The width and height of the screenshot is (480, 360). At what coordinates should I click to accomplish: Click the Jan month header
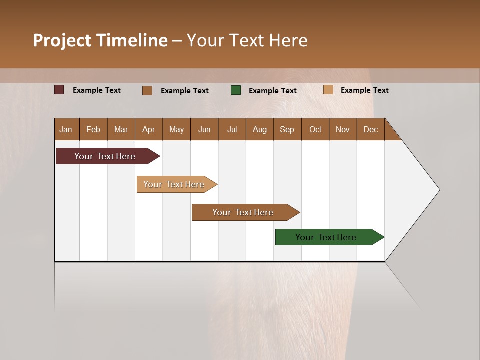click(66, 129)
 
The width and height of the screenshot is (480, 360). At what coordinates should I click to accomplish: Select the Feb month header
click(93, 129)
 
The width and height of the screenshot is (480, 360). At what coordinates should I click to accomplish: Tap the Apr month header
click(148, 129)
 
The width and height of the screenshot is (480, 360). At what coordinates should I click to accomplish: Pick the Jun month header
click(204, 129)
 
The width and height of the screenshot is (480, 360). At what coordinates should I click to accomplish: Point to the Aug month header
click(259, 129)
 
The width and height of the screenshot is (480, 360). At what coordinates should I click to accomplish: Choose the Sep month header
click(287, 129)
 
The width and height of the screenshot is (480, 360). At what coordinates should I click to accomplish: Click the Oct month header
click(315, 129)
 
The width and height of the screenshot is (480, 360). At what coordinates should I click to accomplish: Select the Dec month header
click(370, 129)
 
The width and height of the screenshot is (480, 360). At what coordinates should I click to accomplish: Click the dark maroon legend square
click(59, 90)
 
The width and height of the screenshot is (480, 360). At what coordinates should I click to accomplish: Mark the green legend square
click(236, 90)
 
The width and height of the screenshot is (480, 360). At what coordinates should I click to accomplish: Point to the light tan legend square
click(328, 90)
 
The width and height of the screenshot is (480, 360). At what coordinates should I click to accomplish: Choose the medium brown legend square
click(147, 90)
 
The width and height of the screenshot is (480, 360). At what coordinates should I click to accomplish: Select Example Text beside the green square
click(273, 90)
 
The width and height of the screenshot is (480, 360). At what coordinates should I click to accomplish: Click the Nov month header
click(342, 129)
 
